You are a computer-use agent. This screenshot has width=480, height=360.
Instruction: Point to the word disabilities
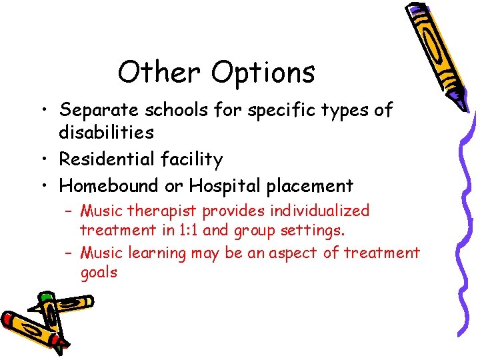(106, 132)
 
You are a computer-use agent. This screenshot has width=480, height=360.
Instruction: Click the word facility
(190, 160)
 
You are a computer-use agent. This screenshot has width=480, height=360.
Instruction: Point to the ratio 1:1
(188, 231)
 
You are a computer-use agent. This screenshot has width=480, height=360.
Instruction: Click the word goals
(99, 273)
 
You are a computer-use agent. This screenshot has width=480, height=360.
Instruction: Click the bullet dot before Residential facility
(46, 160)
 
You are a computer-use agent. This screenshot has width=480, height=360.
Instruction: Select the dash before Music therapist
(69, 211)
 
